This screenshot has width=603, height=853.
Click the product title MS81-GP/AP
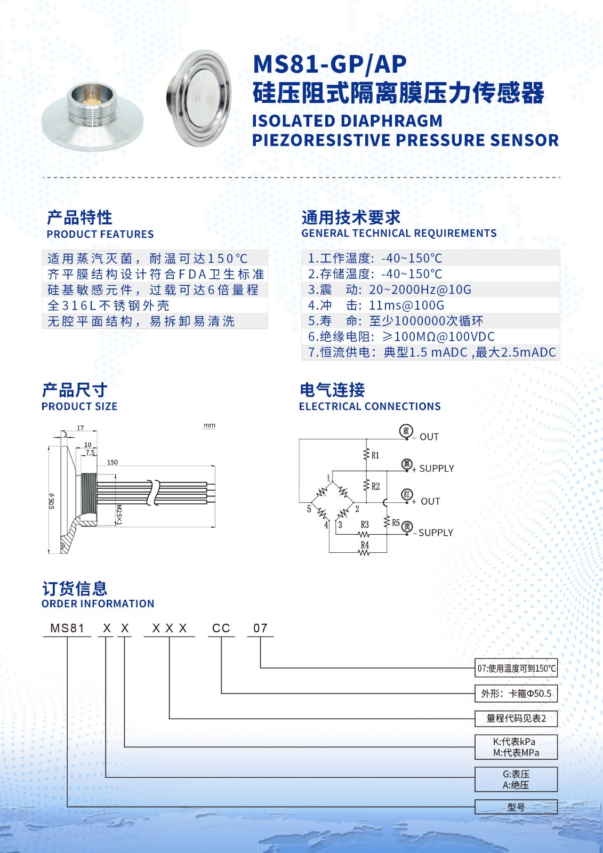(329, 65)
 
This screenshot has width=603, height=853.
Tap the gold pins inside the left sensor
(92, 98)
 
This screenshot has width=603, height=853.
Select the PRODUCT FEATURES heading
(100, 234)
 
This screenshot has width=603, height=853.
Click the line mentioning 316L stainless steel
(109, 305)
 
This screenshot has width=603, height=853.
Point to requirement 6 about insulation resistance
(401, 337)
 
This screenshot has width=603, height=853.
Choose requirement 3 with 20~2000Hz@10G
(390, 289)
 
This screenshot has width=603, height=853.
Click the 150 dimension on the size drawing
(112, 462)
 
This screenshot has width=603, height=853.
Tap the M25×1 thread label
(119, 514)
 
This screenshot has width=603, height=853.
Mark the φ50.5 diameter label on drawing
(51, 501)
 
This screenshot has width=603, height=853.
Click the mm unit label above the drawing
(210, 425)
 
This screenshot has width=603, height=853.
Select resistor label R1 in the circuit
(375, 455)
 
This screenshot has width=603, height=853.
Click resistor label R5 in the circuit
(396, 523)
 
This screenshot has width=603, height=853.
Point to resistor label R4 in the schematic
(365, 545)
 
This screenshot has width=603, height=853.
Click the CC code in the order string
(221, 629)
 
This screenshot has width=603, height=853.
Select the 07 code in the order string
(260, 629)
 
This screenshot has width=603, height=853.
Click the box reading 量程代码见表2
(516, 719)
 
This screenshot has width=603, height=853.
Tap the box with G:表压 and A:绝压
(516, 779)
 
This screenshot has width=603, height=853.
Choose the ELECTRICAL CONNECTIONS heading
(370, 406)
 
